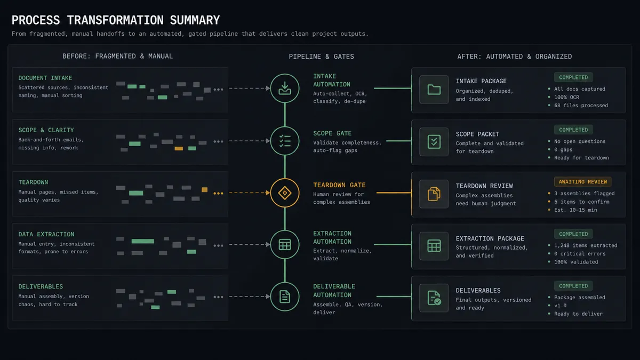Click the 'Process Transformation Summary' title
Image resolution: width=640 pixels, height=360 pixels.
pos(116,20)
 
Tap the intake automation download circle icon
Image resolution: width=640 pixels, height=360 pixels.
pos(285,88)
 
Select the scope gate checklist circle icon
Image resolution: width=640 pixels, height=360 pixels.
pos(285,141)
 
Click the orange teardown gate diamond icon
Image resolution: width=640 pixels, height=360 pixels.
pos(285,193)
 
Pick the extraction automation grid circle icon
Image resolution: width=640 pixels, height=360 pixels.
pos(285,245)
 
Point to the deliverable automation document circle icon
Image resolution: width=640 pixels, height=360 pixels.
pos(285,297)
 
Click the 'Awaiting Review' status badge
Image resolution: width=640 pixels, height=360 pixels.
pos(582,182)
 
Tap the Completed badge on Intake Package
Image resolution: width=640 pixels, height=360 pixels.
pos(573,77)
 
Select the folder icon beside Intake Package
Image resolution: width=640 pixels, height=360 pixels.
pos(434,90)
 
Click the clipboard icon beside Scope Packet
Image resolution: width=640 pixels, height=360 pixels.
pos(434,142)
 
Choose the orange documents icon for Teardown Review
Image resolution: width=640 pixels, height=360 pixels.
pos(434,194)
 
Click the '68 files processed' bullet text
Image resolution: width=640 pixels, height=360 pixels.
pos(581,106)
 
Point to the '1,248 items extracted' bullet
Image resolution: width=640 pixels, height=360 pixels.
pos(586,245)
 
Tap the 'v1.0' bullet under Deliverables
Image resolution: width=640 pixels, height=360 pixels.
pos(561,306)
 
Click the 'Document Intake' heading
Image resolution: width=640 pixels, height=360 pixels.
pos(45,78)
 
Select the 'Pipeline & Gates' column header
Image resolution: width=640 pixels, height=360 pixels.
pos(321,57)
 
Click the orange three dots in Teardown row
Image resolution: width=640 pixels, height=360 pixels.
pos(218,194)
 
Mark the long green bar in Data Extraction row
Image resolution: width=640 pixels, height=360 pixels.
pos(142,242)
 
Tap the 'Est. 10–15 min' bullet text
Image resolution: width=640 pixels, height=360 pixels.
pos(575,210)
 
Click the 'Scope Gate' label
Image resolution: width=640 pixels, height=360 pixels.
pos(332,133)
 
